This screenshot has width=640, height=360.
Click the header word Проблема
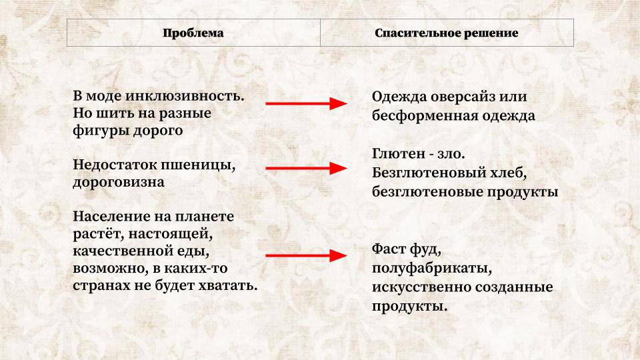193,33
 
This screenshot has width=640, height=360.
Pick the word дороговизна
119,181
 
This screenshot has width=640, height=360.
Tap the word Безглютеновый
429,173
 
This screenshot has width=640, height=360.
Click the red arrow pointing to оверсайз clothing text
306,103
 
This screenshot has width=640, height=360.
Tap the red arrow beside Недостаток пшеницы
306,169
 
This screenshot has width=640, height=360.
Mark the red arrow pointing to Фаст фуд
306,255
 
